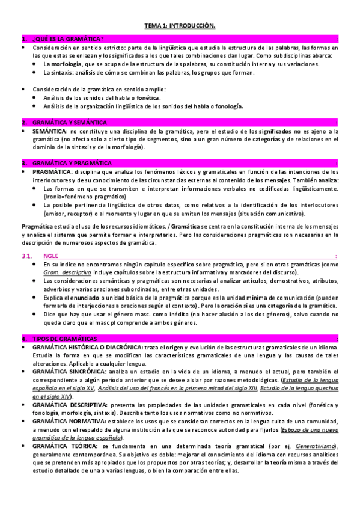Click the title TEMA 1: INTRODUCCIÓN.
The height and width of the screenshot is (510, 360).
point(180,26)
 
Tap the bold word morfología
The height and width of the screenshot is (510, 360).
point(63,64)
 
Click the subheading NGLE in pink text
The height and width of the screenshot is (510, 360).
point(52,256)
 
